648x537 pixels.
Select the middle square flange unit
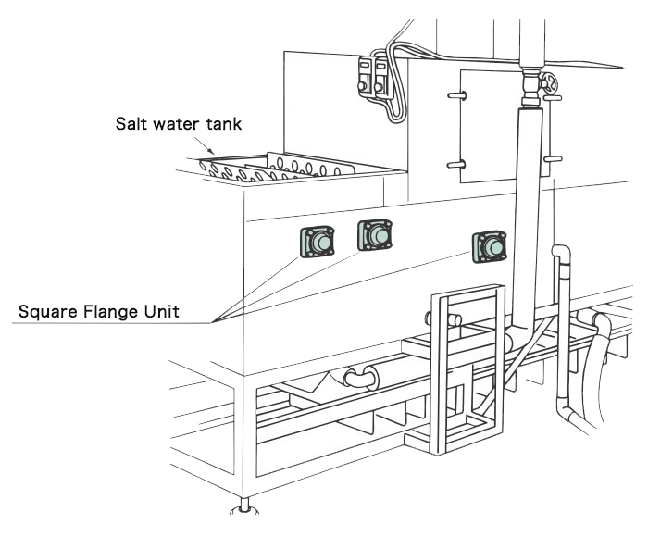coord(376,235)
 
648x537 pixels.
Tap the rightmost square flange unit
coord(491,247)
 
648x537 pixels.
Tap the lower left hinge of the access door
coord(454,164)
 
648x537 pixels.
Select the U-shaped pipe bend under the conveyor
coord(358,377)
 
